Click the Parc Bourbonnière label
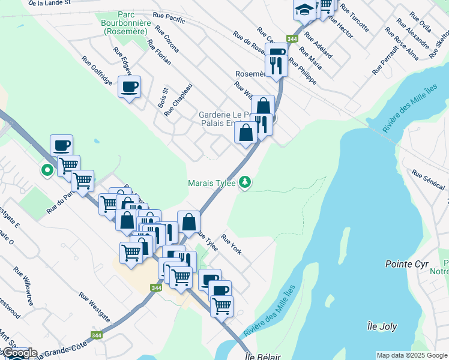coord(126,22)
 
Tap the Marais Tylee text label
coord(212,182)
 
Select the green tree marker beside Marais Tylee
coord(245,182)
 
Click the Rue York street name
coord(232,244)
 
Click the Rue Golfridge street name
coord(97,71)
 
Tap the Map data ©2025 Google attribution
coord(412,355)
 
